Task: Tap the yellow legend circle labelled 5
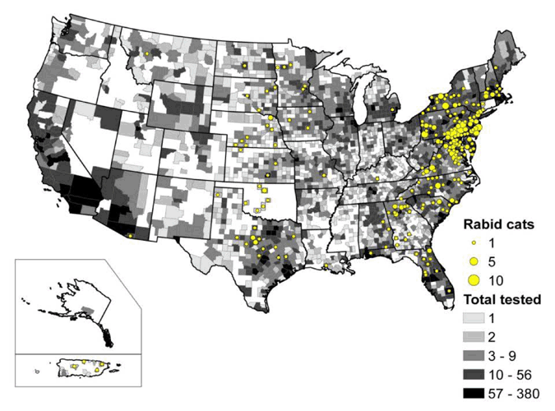[473, 261]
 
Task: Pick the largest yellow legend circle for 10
[473, 279]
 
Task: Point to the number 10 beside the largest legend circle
[495, 280]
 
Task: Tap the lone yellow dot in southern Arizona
[130, 236]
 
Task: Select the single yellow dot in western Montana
[146, 53]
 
